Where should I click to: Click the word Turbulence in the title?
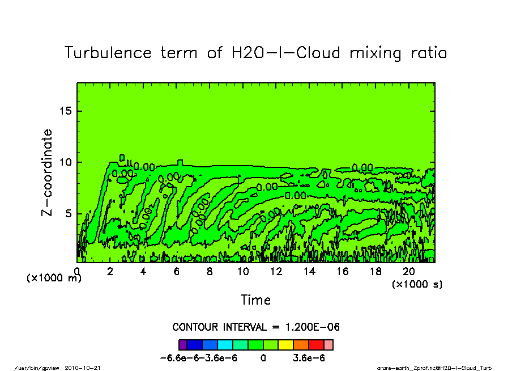108,53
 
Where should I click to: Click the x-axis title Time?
255,300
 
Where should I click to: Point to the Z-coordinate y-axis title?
47,172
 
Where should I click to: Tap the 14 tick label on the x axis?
309,271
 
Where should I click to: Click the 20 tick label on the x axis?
409,271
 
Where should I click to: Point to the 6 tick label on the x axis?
176,271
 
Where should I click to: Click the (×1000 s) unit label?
417,284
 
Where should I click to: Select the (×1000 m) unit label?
54,279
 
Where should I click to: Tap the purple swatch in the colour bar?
183,344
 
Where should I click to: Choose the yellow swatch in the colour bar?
285,344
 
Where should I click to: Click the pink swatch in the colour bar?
328,344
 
